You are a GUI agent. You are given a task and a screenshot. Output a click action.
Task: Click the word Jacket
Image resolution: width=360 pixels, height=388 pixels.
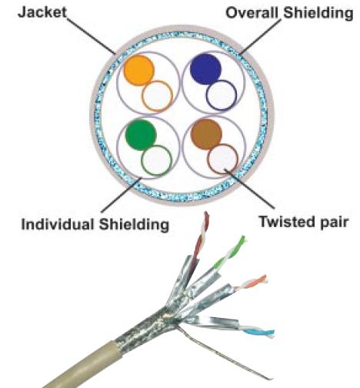[x=42, y=13]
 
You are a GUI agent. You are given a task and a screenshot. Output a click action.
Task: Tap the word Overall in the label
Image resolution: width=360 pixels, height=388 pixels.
[x=252, y=12]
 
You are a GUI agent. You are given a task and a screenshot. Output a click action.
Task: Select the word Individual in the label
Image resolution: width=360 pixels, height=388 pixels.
[x=58, y=225]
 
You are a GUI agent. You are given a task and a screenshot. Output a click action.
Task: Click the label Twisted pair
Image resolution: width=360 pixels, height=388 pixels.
[x=304, y=222]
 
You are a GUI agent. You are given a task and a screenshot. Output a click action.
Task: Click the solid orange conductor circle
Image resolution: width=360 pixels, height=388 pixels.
[x=138, y=70]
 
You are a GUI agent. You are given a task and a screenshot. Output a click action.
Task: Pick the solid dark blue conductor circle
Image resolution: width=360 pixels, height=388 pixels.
[x=205, y=69]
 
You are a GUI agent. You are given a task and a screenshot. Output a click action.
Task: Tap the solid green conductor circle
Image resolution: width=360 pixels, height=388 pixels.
[x=141, y=135]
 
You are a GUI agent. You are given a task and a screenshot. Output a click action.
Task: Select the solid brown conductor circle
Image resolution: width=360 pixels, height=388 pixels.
[x=207, y=134]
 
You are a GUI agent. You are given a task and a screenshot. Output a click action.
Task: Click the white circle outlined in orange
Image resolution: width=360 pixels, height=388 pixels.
[x=158, y=96]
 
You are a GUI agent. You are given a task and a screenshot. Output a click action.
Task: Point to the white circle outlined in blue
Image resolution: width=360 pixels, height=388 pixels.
[x=222, y=95]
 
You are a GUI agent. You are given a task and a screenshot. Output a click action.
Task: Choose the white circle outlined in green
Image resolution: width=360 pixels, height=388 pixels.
[x=157, y=160]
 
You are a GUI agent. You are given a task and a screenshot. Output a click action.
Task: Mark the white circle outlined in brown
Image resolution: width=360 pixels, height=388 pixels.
[x=223, y=159]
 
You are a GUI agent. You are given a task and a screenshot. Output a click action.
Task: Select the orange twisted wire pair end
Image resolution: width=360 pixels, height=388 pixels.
[x=264, y=279]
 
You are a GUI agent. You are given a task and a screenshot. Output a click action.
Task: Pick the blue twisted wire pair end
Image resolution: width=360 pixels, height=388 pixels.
[x=271, y=333]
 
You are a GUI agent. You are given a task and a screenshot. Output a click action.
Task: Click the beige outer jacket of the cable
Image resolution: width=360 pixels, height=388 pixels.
[x=85, y=364]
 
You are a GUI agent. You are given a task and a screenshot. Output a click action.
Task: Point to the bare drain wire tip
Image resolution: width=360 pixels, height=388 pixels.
[x=270, y=378]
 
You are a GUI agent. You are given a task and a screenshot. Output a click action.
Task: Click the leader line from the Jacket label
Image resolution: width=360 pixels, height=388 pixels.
[x=91, y=35]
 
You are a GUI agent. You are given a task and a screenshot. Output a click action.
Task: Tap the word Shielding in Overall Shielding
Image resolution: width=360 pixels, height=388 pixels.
[x=318, y=13]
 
